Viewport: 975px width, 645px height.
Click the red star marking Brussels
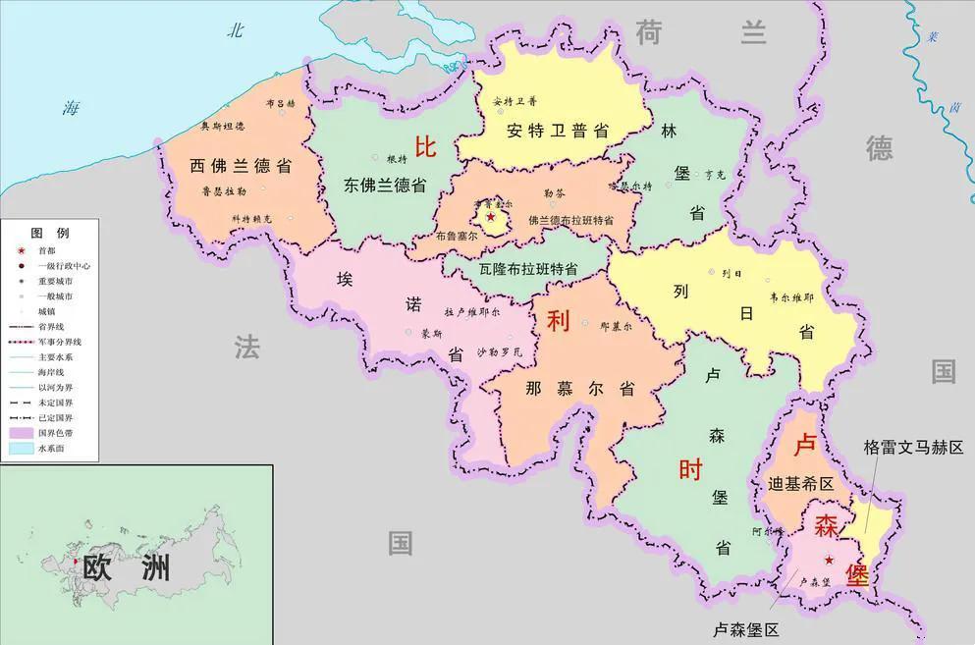coord(491,216)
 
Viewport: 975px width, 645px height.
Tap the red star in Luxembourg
coord(830,561)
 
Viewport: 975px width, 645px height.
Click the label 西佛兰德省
coord(242,166)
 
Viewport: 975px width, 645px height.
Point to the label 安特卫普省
coord(558,131)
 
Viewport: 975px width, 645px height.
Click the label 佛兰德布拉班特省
coord(570,220)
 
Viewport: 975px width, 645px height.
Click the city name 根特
coord(397,159)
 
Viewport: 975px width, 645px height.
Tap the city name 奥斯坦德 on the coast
coord(224,126)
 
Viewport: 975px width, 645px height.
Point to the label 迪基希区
coord(801,484)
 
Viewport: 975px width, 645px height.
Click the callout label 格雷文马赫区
coord(913,447)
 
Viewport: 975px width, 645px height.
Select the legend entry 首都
coord(46,251)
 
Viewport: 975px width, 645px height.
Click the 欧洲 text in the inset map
coord(125,567)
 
